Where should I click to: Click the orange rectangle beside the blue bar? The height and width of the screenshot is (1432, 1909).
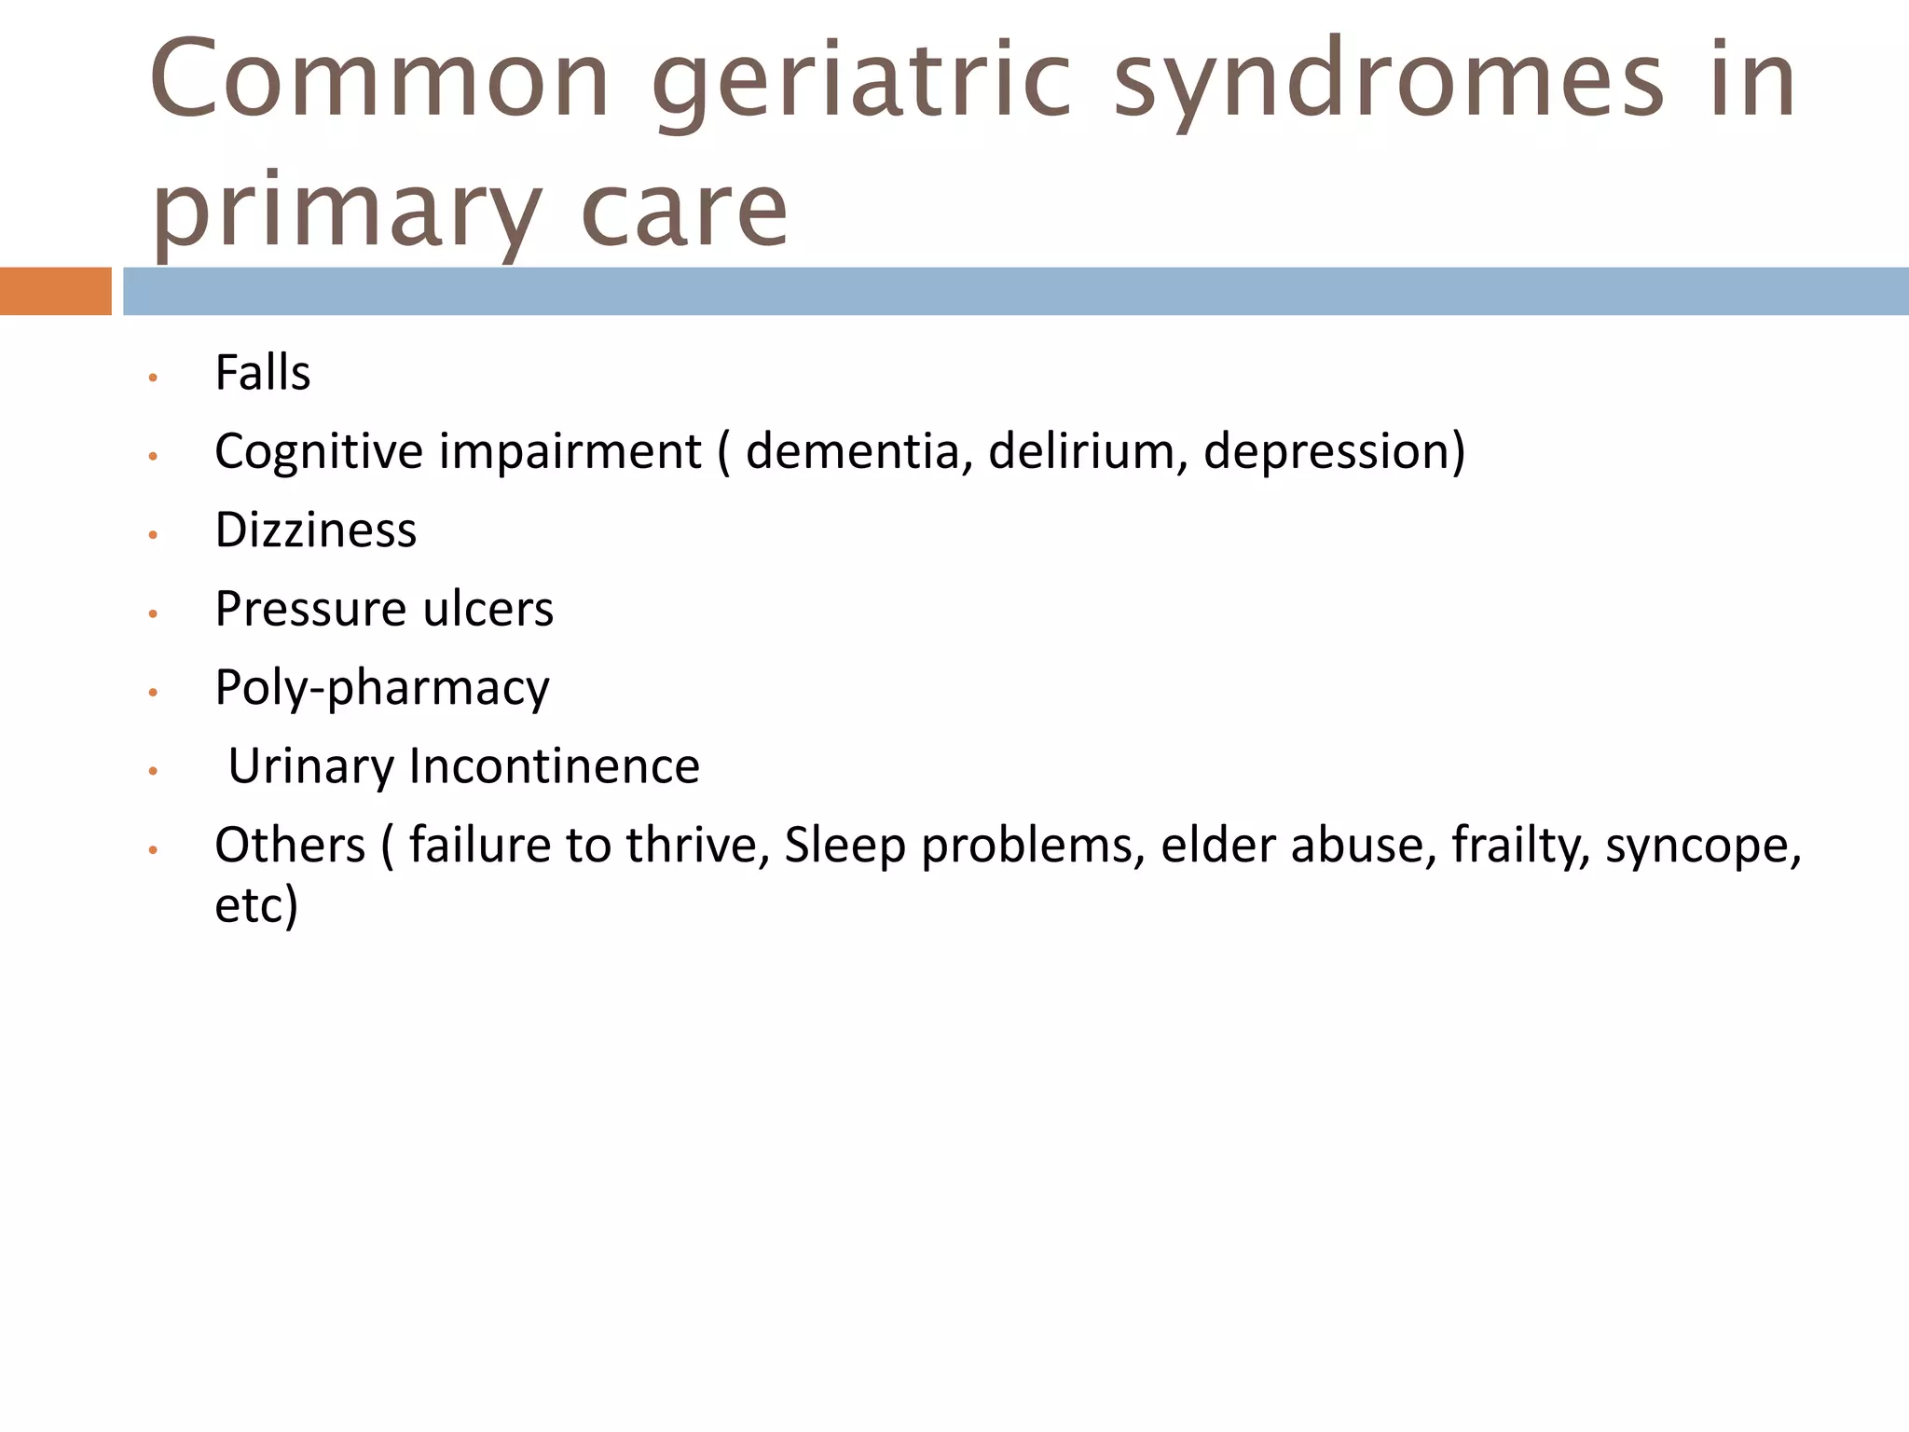point(55,291)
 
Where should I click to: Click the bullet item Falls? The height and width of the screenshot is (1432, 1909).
point(262,373)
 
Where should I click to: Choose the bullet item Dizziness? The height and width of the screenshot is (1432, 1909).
point(315,530)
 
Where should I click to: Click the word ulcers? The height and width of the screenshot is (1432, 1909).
point(488,609)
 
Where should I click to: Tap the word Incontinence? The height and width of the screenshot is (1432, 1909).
point(554,766)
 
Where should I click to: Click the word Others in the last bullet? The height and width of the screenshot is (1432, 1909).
point(290,846)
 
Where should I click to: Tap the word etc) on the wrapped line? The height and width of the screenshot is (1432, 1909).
point(256,905)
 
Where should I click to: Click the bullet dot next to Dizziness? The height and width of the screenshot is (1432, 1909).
point(153,535)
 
